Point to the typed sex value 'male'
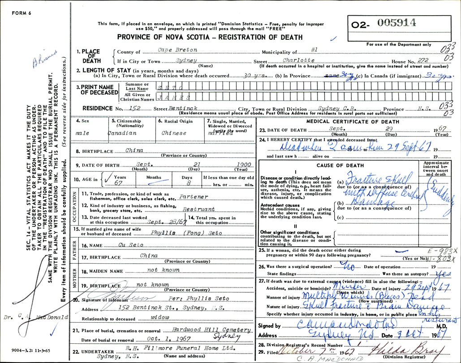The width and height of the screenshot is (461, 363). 82,133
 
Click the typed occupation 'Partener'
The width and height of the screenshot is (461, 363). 193,196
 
